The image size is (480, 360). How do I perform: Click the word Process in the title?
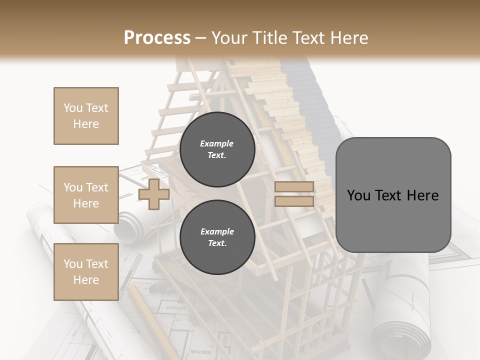tap(157, 37)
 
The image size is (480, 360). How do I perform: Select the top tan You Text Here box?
tap(86, 116)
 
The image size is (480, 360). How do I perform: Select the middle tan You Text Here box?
tap(86, 195)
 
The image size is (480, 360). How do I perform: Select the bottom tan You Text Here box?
tap(86, 272)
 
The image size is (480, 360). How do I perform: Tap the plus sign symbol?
tap(153, 194)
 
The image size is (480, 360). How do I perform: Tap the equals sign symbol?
tap(294, 194)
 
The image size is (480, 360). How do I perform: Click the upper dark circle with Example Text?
tap(217, 149)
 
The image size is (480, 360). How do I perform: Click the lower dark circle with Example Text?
tap(217, 237)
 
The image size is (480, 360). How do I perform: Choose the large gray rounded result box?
tap(393, 195)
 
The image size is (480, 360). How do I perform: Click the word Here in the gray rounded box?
tap(422, 195)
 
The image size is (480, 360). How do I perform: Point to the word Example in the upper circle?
tap(217, 143)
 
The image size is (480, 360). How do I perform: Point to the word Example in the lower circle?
tap(217, 231)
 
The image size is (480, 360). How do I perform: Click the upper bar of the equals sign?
tap(294, 187)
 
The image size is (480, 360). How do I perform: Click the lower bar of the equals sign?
tap(294, 201)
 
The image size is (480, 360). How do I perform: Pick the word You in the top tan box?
tap(72, 108)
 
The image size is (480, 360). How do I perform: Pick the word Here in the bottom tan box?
tap(86, 280)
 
